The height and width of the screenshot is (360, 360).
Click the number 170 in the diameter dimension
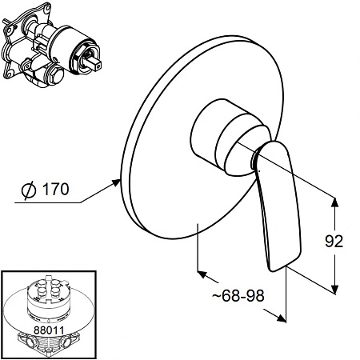(x=55, y=189)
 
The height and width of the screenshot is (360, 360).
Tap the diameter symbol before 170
(x=28, y=190)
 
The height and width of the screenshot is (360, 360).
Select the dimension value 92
(x=334, y=241)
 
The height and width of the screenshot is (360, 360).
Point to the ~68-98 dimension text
(x=238, y=295)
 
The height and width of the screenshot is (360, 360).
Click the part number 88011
(x=49, y=330)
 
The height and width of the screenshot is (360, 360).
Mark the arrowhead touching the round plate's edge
(x=116, y=183)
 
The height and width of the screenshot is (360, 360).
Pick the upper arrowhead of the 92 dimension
(x=335, y=202)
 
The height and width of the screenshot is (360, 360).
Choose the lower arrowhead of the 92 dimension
(x=334, y=290)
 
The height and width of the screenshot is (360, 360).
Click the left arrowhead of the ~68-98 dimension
(x=202, y=274)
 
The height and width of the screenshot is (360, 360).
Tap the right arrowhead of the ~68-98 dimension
(x=281, y=318)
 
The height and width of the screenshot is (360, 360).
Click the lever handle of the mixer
(x=278, y=206)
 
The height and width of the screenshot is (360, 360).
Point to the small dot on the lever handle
(x=259, y=170)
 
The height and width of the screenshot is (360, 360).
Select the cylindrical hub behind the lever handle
(x=230, y=138)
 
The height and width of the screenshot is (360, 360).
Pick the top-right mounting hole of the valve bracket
(x=47, y=8)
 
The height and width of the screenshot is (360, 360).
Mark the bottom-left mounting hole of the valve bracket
(x=9, y=73)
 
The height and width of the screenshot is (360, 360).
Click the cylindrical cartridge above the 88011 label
(x=49, y=299)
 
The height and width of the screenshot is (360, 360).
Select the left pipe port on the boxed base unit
(x=30, y=341)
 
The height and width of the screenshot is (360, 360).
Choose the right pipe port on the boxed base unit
(x=65, y=341)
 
